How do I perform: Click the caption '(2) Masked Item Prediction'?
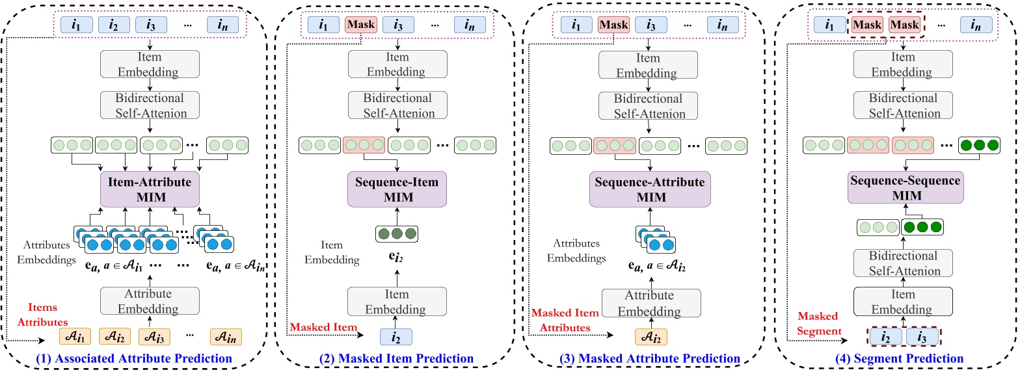397,358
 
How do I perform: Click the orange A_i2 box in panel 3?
651,337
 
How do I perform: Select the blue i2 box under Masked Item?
396,337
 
